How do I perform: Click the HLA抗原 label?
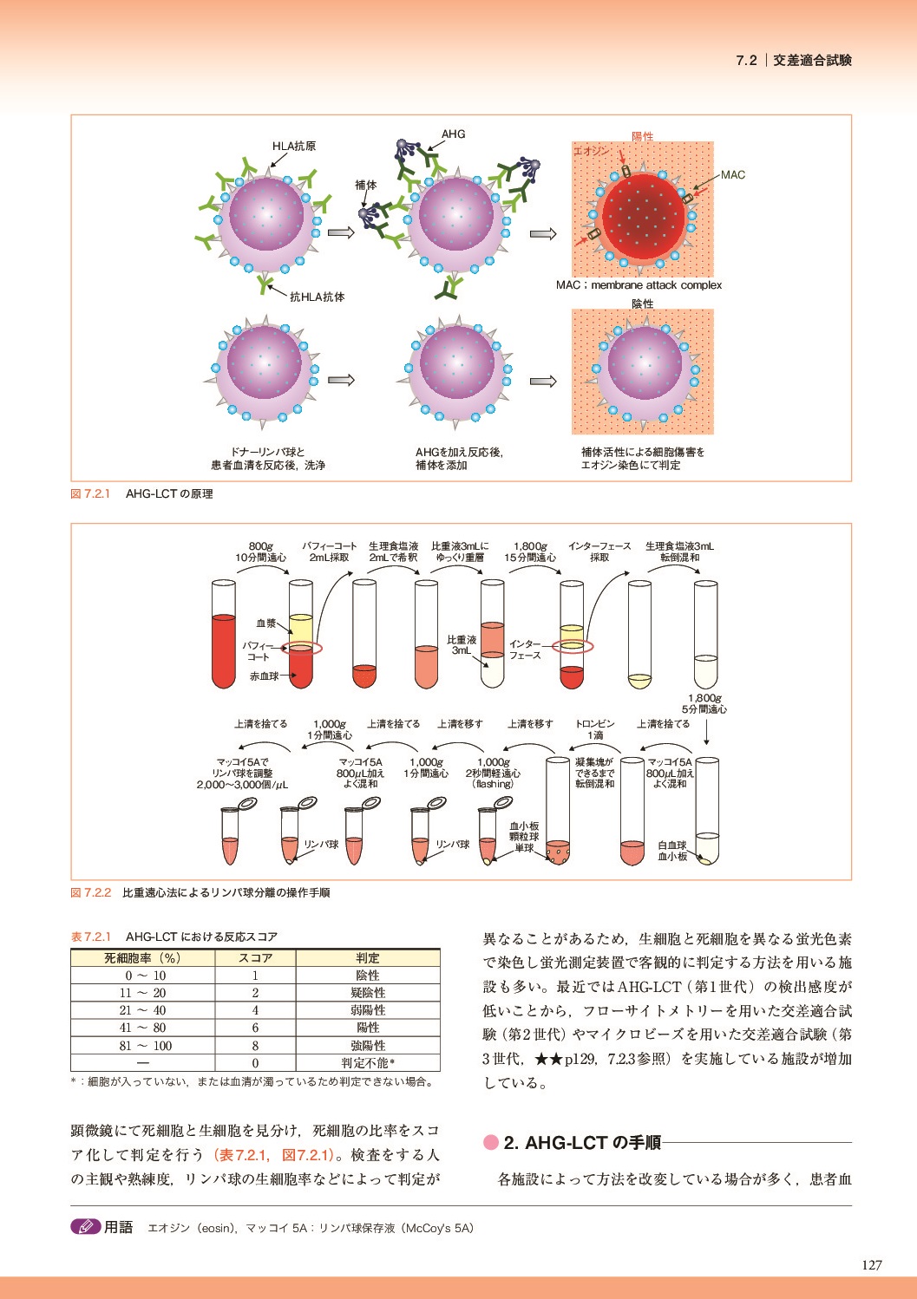click(294, 147)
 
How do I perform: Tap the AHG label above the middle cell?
click(453, 134)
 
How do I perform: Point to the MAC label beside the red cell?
click(732, 175)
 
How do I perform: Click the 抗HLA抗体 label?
click(317, 297)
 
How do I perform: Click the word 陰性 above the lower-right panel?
click(642, 304)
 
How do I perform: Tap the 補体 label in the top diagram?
click(366, 185)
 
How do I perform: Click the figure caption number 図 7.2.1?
click(90, 494)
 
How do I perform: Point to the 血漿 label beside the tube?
click(265, 623)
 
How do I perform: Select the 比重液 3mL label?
click(461, 644)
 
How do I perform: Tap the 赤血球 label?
click(265, 676)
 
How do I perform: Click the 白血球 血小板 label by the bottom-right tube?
click(672, 851)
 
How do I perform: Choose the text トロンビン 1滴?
click(594, 729)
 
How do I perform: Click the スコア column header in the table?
click(255, 958)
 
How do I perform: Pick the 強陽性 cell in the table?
click(368, 1046)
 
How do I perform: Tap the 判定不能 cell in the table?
click(368, 1063)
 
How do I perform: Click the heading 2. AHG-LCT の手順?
click(581, 1143)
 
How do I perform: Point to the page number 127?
click(871, 1264)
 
